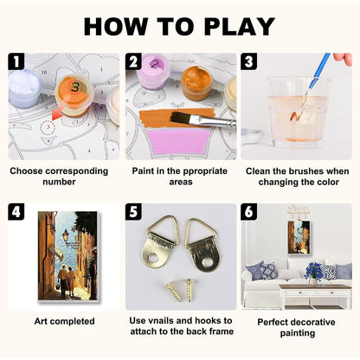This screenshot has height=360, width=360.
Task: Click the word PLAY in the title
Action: click(239, 27)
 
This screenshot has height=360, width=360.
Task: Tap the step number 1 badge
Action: click(16, 61)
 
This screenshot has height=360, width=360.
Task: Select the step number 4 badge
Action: click(16, 212)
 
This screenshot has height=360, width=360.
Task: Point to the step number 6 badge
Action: click(249, 212)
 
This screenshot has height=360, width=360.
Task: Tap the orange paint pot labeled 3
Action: click(74, 94)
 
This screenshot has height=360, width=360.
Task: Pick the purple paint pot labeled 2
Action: click(153, 72)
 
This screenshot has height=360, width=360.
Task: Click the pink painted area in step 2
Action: click(179, 141)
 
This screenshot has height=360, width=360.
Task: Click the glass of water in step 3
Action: click(297, 112)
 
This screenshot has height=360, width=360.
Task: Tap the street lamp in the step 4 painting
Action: click(66, 235)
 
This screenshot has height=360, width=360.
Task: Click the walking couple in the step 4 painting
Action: click(67, 280)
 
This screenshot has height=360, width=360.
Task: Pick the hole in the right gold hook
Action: click(207, 263)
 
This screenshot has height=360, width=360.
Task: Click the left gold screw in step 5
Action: click(174, 292)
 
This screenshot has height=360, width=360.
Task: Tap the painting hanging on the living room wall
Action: click(299, 237)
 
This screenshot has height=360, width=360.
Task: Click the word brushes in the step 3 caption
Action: click(308, 171)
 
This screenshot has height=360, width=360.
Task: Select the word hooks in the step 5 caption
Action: click(207, 320)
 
